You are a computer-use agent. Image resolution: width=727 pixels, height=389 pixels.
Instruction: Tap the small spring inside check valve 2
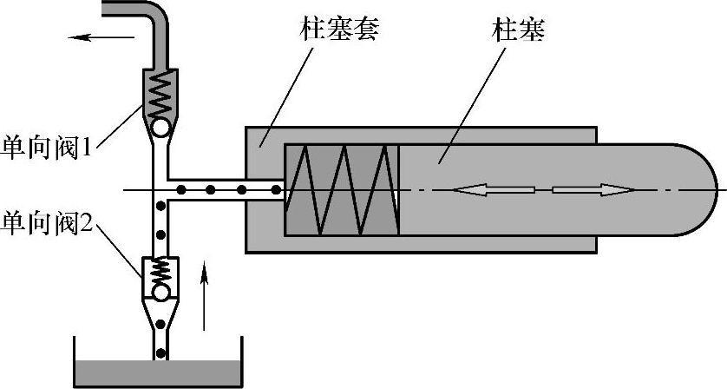(160, 270)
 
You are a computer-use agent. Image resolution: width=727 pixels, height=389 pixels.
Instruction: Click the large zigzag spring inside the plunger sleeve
(342, 189)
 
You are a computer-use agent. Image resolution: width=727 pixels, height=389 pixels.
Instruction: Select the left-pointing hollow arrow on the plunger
(480, 190)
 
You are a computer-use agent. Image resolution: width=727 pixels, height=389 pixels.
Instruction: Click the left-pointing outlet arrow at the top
(102, 37)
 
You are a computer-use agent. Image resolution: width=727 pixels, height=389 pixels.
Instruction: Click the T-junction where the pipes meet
(160, 189)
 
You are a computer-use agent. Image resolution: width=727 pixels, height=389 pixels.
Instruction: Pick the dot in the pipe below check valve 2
(160, 327)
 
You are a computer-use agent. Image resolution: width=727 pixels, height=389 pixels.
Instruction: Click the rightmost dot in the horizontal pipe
(273, 189)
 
